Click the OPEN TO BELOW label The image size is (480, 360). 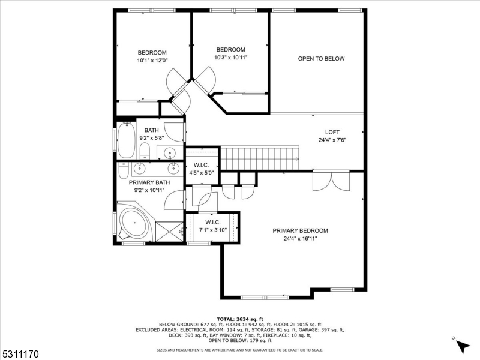(x=322, y=59)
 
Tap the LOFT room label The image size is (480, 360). (x=332, y=133)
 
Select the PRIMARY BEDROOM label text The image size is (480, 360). (x=300, y=230)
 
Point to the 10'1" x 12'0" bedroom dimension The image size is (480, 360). (x=152, y=60)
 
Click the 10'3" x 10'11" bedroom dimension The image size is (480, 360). (x=230, y=58)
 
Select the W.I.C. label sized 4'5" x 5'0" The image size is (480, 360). (x=200, y=165)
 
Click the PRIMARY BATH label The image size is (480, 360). (x=149, y=182)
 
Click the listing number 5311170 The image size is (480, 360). (x=20, y=355)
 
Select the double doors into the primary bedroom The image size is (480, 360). (x=331, y=181)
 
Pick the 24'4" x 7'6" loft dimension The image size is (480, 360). (x=332, y=140)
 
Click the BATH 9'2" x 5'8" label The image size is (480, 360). (x=151, y=134)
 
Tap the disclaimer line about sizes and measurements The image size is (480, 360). (x=239, y=349)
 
